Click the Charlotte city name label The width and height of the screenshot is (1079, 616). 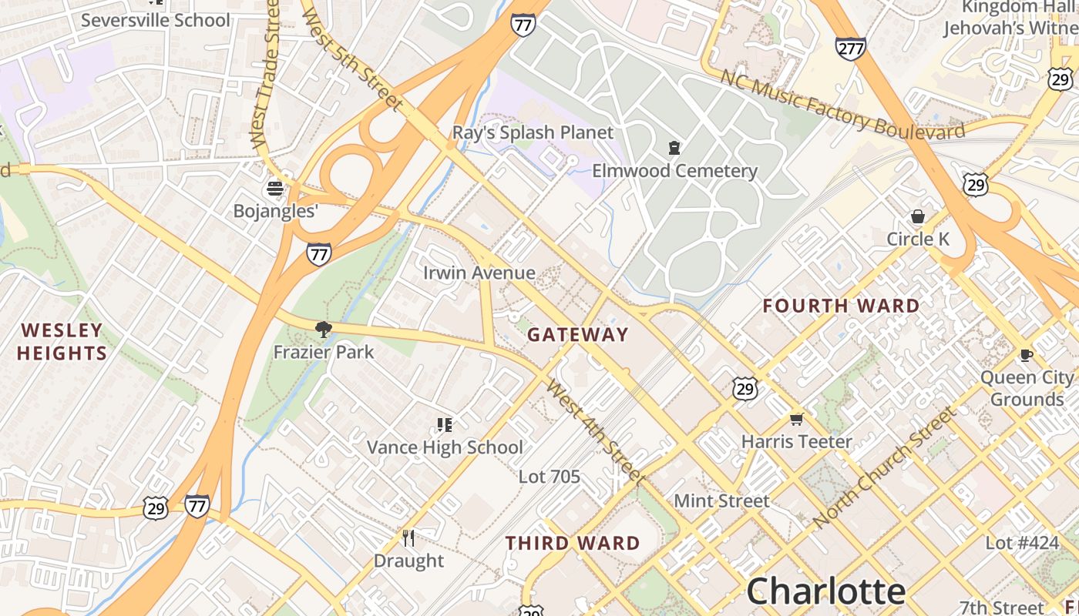click(825, 591)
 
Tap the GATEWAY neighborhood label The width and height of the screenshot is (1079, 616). click(578, 335)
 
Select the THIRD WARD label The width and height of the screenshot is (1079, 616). click(573, 544)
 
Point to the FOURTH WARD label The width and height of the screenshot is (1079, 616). click(842, 306)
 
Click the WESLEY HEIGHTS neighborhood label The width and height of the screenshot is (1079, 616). click(62, 342)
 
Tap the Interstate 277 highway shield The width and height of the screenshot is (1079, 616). click(850, 49)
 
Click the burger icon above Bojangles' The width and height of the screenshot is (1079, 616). click(275, 189)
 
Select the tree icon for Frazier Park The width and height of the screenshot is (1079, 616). click(324, 330)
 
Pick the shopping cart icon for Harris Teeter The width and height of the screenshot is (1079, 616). click(796, 420)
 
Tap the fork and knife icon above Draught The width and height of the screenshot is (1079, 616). click(408, 538)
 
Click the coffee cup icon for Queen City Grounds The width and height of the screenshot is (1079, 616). click(1026, 355)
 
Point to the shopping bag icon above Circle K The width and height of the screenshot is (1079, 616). click(917, 216)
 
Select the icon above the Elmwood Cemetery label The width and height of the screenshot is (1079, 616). click(674, 148)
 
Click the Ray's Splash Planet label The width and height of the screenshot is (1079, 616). click(533, 132)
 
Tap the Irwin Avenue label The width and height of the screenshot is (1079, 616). click(479, 273)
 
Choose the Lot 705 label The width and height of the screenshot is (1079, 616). click(549, 477)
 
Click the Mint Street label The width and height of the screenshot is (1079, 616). click(721, 501)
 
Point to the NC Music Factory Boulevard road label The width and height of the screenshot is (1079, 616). click(842, 105)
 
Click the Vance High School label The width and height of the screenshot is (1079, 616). click(445, 447)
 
